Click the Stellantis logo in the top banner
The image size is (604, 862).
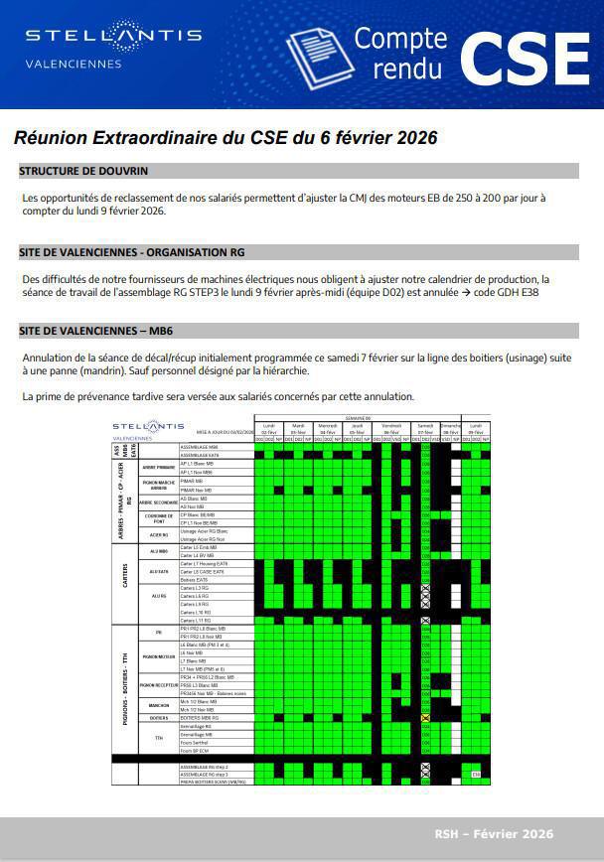(x=113, y=36)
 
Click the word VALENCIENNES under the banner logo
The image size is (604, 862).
(x=74, y=65)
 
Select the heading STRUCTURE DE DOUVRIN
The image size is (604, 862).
(x=83, y=171)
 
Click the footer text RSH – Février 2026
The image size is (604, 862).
(x=494, y=834)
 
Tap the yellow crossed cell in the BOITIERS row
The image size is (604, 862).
(x=425, y=718)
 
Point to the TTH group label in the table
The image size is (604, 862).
(x=158, y=738)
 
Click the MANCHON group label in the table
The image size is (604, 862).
(x=158, y=705)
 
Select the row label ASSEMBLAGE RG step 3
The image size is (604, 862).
(x=204, y=775)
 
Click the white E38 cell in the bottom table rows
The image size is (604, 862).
(x=476, y=775)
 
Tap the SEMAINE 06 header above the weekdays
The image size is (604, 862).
(x=358, y=418)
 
